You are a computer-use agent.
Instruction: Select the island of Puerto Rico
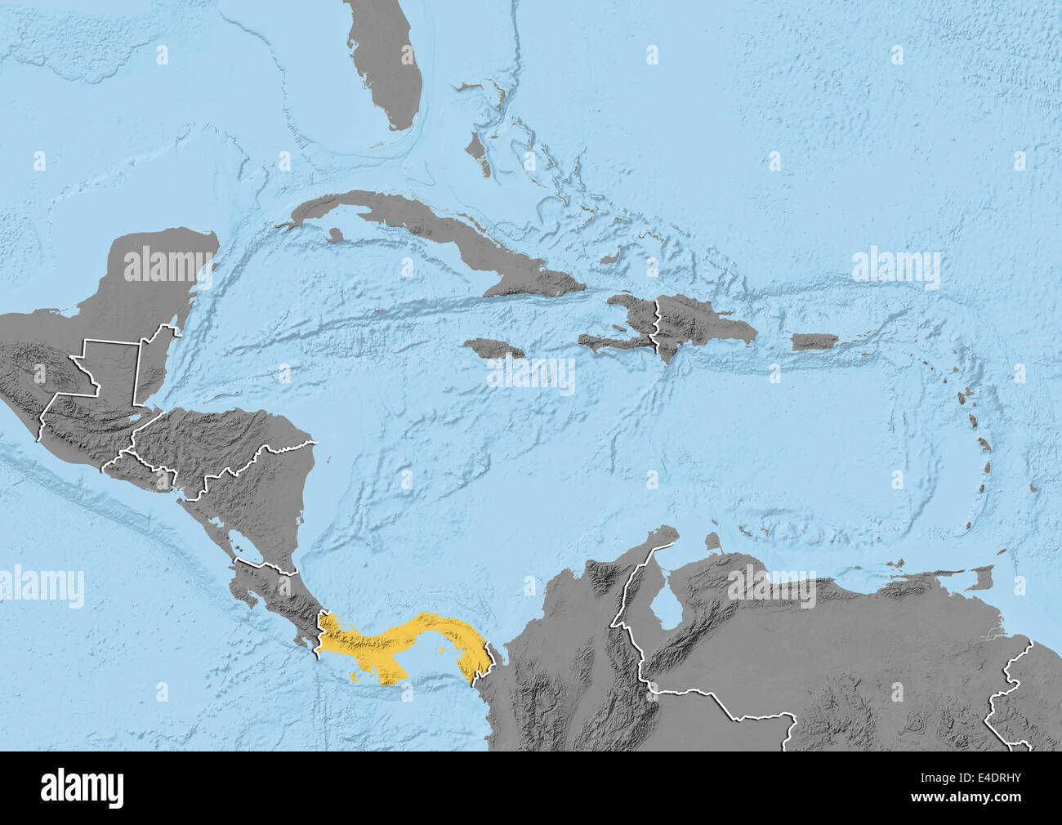click(x=814, y=341)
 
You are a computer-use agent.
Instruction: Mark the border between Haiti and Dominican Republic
click(x=654, y=327)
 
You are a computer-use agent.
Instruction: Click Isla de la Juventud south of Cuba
click(x=332, y=234)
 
